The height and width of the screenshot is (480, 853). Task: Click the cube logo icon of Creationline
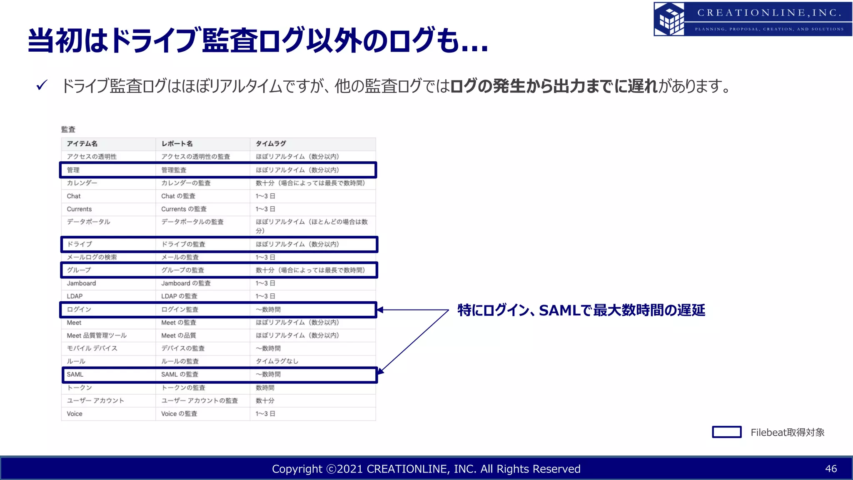[669, 19]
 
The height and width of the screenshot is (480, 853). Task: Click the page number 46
[831, 469]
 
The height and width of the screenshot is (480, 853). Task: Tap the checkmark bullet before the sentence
[42, 85]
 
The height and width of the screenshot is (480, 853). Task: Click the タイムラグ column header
[271, 144]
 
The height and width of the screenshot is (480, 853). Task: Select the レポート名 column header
[177, 144]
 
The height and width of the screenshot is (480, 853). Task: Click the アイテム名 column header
[82, 144]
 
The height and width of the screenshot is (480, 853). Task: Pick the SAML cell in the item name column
[75, 375]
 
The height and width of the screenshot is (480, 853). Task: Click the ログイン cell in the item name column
[79, 310]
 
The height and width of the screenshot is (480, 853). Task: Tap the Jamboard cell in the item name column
[81, 283]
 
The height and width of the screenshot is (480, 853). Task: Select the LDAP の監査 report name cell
[179, 296]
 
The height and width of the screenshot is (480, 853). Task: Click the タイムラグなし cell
[277, 361]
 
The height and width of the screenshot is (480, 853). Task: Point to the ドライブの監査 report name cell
[183, 244]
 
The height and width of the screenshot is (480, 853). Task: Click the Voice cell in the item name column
[75, 414]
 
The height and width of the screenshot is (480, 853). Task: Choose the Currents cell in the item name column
[79, 209]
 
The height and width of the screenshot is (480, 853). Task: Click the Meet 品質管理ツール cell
[97, 335]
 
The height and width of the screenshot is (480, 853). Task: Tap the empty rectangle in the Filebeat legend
[726, 432]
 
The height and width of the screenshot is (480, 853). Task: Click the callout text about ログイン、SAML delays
[581, 310]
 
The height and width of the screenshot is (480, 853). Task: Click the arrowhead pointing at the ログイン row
[380, 310]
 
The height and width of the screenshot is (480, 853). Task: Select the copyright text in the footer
[426, 469]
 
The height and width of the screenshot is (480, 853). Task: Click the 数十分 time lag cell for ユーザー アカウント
[265, 401]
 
